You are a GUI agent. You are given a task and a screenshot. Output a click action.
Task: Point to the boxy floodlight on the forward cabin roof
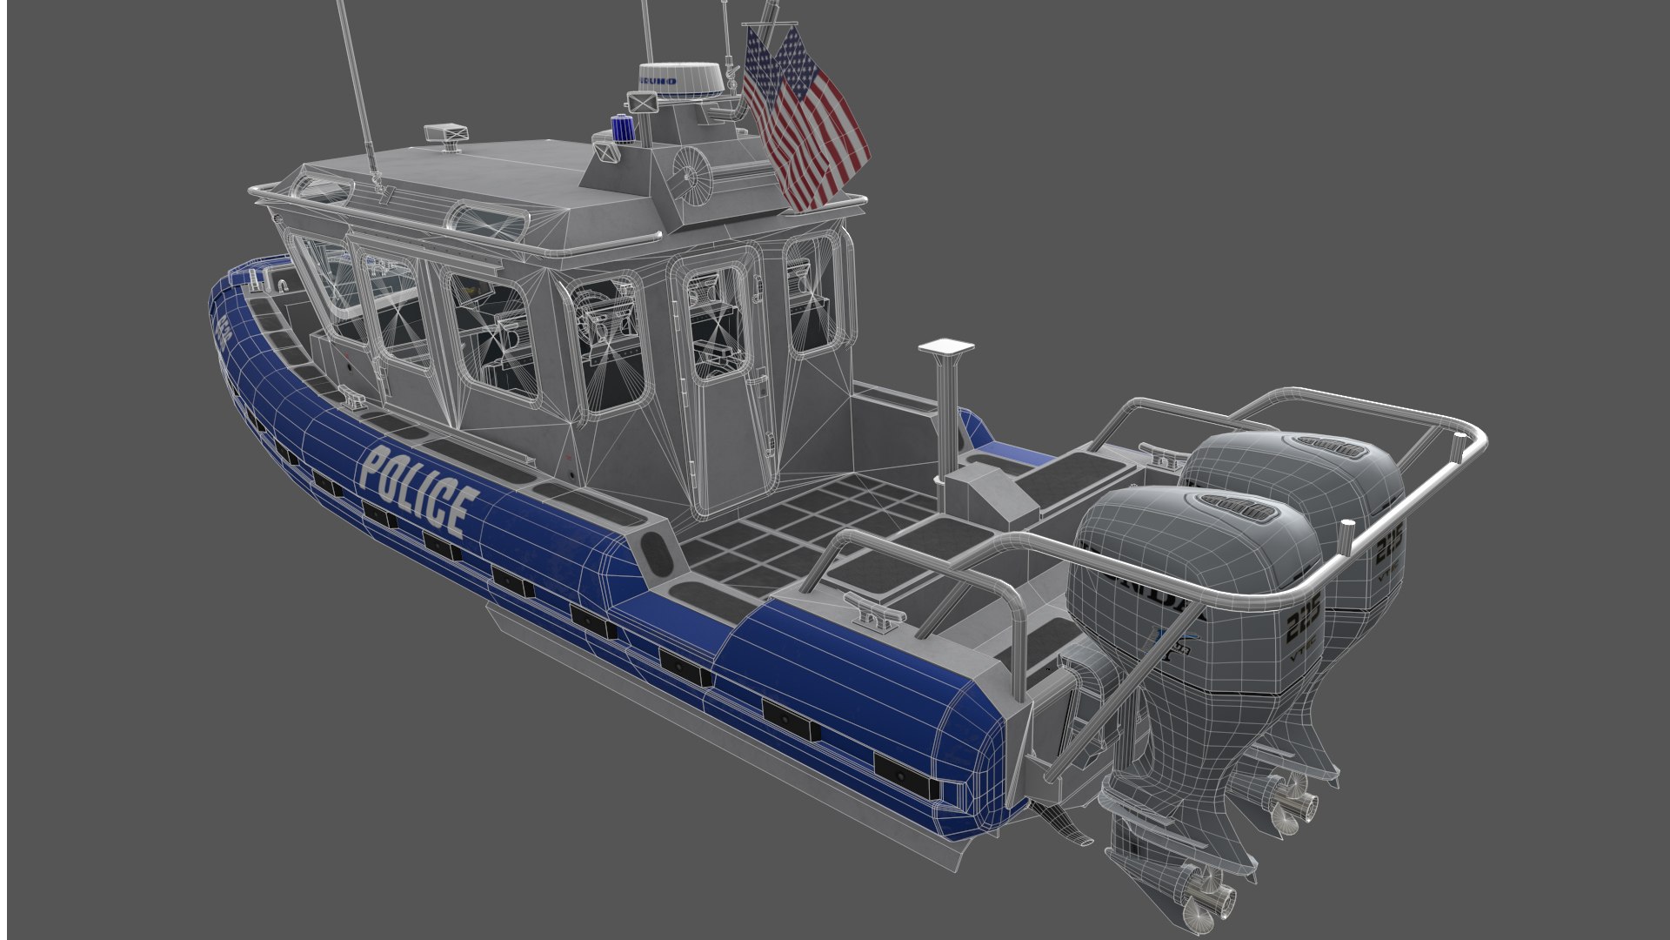pos(445,135)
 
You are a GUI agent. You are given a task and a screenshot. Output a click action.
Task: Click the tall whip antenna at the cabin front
pos(357,87)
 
